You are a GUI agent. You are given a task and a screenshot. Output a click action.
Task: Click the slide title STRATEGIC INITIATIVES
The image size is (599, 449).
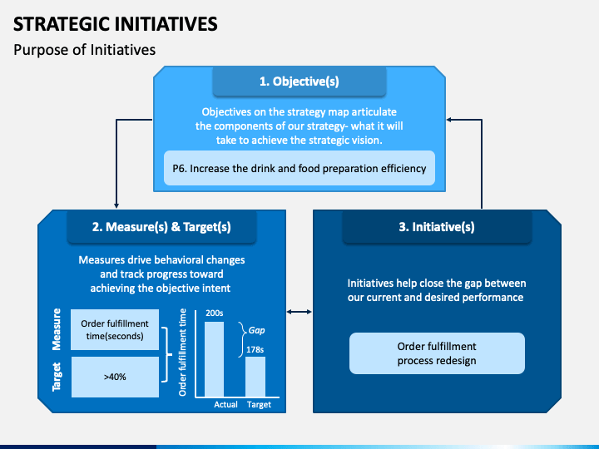click(116, 23)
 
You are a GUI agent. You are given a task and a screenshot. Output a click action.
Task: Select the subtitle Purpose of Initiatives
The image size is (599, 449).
click(84, 50)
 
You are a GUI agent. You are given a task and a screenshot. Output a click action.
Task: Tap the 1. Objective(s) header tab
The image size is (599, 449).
click(299, 81)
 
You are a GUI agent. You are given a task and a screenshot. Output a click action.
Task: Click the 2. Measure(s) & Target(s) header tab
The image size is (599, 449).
click(161, 226)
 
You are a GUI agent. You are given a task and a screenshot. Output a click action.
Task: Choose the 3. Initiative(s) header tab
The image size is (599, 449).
click(437, 226)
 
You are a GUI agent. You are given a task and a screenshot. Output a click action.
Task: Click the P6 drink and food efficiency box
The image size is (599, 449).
click(299, 168)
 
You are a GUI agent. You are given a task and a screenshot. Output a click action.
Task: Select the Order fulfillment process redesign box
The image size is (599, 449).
click(437, 353)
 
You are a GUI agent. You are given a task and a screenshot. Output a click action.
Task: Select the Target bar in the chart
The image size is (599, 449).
click(255, 377)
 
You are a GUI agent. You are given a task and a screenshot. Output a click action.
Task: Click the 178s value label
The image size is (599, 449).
click(255, 350)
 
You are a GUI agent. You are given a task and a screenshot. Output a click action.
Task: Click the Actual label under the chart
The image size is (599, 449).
click(225, 404)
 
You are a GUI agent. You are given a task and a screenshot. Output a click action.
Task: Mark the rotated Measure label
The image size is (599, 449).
click(57, 330)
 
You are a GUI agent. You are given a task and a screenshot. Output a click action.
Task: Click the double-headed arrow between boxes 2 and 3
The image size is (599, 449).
click(299, 312)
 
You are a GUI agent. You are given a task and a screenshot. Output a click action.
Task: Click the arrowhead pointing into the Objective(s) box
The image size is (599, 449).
click(450, 119)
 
